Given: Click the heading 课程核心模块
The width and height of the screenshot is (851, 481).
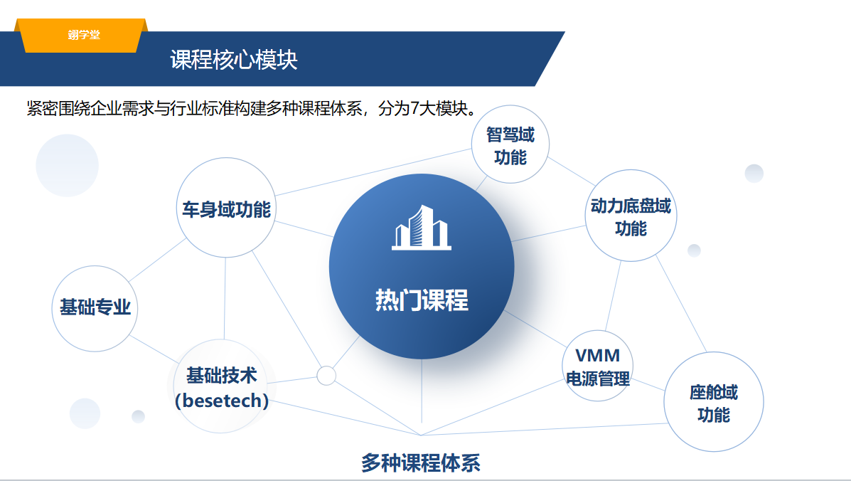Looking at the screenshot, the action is coord(234,60).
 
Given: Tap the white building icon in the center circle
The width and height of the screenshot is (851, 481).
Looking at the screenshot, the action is coord(421,227).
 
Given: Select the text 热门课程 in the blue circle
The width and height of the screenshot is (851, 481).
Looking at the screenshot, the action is coord(422,300).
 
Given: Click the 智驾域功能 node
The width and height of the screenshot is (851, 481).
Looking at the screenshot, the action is coord(510,144).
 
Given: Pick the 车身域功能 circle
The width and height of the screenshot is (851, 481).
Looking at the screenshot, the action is coord(226,208).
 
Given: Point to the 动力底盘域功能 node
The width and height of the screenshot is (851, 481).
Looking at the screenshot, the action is coord(631,216).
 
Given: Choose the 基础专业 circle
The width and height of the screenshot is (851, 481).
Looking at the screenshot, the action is coord(95,308).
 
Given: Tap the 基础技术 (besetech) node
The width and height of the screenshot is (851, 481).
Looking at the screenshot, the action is coord(221,386).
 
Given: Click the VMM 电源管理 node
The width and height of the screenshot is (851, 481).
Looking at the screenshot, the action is coord(597,366).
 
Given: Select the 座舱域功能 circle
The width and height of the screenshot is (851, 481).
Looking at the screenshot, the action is coord(714,402).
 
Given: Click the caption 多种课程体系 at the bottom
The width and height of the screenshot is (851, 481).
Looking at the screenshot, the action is coord(421,462).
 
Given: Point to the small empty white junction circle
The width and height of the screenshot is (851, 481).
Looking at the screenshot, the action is coord(326,376).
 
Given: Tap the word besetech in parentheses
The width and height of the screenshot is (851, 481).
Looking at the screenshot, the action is coord(221,401).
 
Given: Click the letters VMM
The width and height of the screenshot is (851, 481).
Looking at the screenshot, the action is coord(597,356).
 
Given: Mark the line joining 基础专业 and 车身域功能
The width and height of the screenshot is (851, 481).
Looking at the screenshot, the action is coord(158,260).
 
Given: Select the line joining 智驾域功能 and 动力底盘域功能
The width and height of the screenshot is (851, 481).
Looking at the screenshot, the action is coord(571,171).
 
